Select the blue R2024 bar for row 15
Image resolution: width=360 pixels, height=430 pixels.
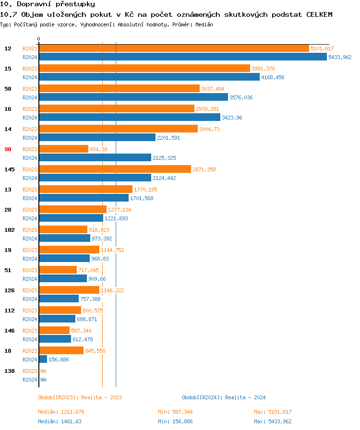[x=149, y=77]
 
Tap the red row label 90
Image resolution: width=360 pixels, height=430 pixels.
[x=8, y=149]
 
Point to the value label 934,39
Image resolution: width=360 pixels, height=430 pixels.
[x=98, y=149]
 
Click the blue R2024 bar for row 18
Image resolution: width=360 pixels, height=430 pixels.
[x=43, y=359]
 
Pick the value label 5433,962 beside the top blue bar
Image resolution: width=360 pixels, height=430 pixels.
[x=340, y=57]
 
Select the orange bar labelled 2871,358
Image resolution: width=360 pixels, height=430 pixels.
[x=115, y=169]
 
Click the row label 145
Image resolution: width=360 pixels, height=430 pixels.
[x=9, y=169]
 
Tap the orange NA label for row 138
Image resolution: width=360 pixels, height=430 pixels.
[x=43, y=371]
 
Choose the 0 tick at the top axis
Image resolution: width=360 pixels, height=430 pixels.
[x=39, y=39]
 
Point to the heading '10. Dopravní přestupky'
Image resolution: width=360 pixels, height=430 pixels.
[x=44, y=4]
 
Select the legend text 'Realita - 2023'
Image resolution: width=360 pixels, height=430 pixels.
[x=101, y=397]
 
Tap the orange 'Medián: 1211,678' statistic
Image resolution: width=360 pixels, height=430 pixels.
[x=61, y=412]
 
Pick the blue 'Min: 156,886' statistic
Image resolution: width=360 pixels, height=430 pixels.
[x=175, y=421]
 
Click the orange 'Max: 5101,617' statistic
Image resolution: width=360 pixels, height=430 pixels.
[x=273, y=412]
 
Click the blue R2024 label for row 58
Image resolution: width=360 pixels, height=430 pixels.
[x=30, y=97]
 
